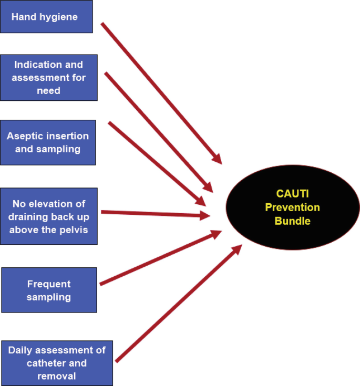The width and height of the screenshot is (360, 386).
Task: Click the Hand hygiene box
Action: (46, 17)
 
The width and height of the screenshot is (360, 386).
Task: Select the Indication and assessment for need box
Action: (48, 78)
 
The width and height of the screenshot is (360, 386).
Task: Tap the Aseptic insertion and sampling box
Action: (48, 142)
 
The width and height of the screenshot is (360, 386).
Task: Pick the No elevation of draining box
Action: (48, 216)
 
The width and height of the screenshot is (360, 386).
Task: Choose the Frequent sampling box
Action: (49, 290)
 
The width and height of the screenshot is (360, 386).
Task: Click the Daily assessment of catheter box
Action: (57, 363)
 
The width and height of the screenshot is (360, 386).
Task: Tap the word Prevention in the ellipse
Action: (292, 207)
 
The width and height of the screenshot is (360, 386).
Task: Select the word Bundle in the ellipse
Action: (292, 221)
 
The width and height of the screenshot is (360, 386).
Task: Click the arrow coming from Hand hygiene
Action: (160, 92)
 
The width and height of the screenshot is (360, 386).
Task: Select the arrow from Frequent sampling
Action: (160, 258)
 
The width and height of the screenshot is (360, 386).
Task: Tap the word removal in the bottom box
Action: (56, 376)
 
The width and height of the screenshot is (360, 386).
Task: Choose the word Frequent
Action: (49, 284)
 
